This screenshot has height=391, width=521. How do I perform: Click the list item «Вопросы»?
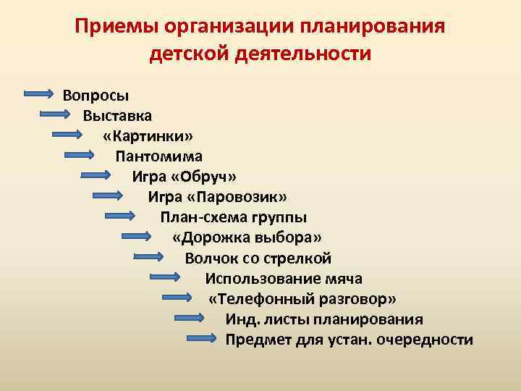[96, 95]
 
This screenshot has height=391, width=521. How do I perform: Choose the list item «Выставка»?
[117, 115]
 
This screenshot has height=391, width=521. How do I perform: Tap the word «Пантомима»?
[159, 156]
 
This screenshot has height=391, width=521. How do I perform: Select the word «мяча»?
[344, 279]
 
